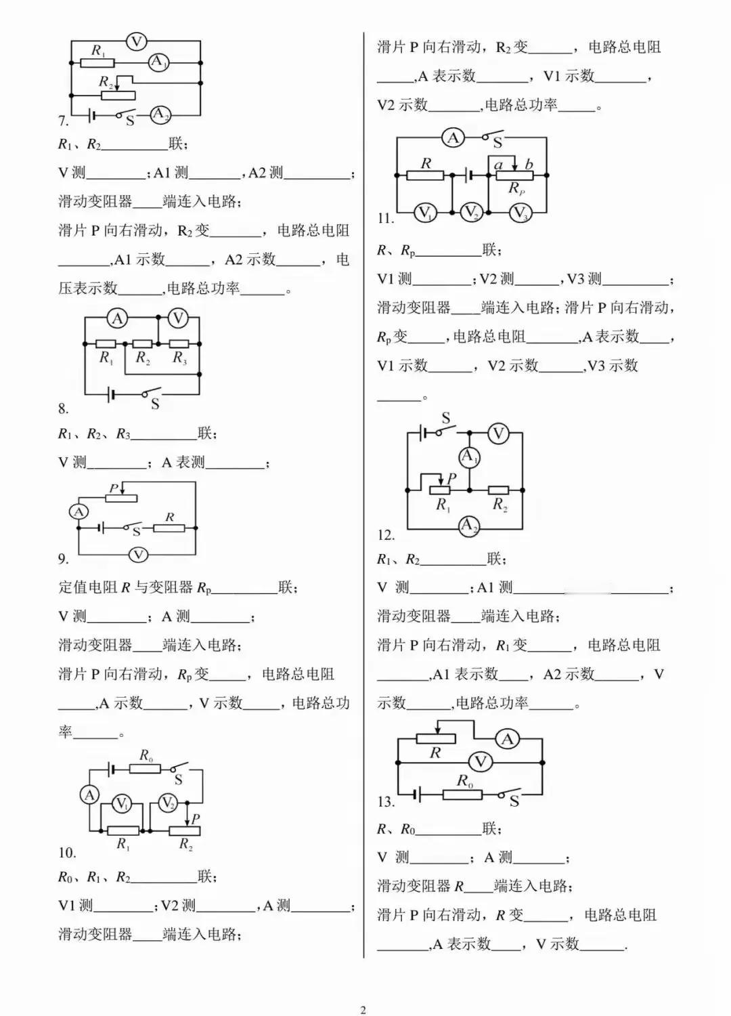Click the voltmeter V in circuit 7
point(136,42)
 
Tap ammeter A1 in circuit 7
point(158,62)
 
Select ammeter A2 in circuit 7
point(160,114)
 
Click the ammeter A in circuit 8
point(117,319)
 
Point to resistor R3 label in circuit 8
point(180,358)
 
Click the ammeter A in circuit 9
point(79,511)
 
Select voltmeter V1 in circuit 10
point(121,804)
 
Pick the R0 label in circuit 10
point(146,755)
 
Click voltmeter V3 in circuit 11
point(519,212)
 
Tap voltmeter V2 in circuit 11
point(471,212)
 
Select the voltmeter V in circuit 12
point(498,434)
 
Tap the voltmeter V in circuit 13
point(480,761)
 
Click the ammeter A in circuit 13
point(507,740)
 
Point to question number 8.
point(64,409)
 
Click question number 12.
point(386,535)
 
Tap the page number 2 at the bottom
point(363,1010)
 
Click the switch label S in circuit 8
point(155,404)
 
